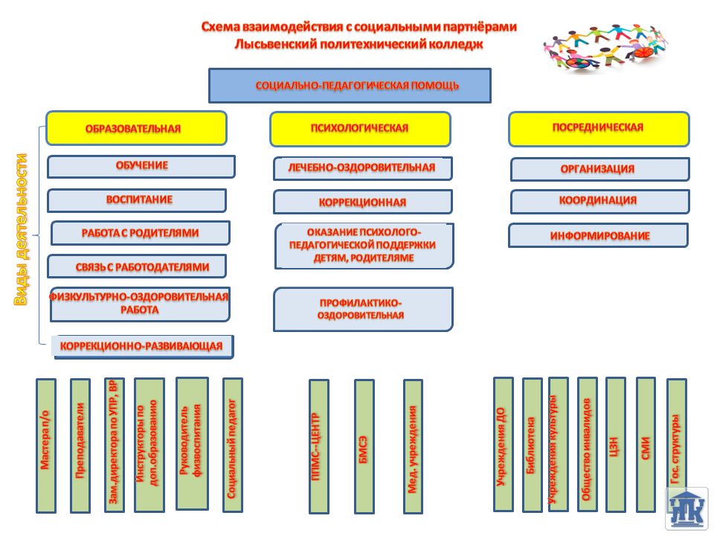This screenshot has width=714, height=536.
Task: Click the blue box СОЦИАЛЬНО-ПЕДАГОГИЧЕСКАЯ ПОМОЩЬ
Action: point(350,86)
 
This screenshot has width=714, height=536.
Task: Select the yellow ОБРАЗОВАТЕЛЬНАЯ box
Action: point(136,128)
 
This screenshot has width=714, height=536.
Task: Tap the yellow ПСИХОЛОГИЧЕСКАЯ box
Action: point(360,129)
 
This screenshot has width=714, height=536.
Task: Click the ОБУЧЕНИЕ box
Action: point(141,166)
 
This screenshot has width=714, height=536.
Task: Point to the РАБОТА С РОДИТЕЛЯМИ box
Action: point(140,233)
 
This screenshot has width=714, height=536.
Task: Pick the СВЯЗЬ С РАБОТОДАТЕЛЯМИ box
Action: point(137,267)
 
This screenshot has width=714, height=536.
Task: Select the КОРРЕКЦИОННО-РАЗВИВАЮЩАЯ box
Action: point(141,346)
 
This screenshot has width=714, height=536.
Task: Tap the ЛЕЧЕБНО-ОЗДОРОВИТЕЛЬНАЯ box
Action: point(362,168)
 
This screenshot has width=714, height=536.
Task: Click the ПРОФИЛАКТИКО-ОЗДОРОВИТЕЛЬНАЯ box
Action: point(363,309)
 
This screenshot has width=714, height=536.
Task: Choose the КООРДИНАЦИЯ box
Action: point(599,201)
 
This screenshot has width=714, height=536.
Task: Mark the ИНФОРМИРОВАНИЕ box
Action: point(598,235)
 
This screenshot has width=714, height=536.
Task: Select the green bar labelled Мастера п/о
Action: point(46,445)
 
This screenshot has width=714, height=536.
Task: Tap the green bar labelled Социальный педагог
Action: point(233,445)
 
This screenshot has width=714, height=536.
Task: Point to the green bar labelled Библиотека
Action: point(532,445)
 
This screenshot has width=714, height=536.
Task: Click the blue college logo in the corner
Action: point(686,508)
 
